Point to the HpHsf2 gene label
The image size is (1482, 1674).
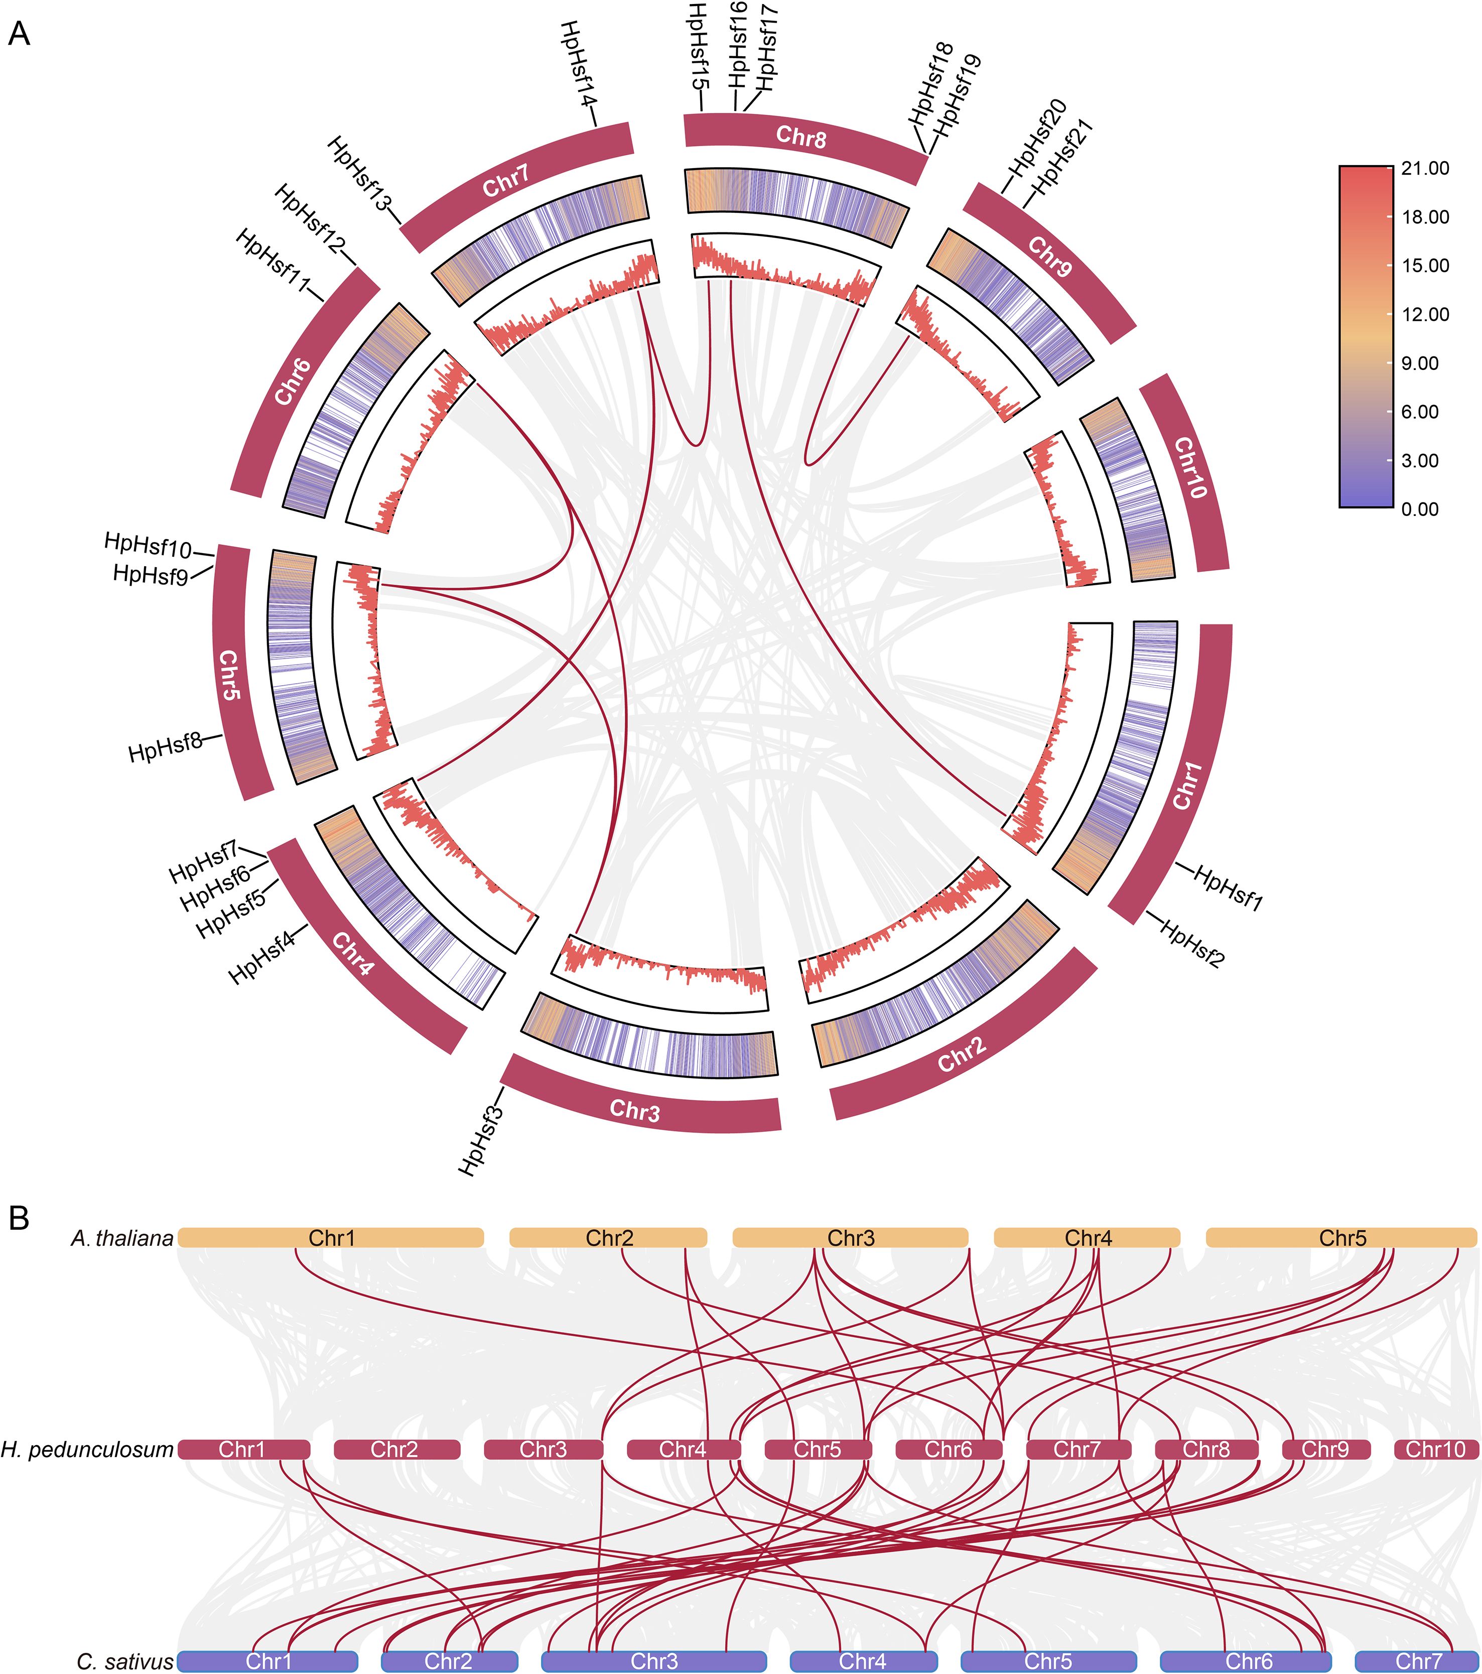pos(1192,944)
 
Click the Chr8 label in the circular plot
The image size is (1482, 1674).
pos(801,136)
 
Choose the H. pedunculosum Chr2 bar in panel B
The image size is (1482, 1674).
pos(394,1450)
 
